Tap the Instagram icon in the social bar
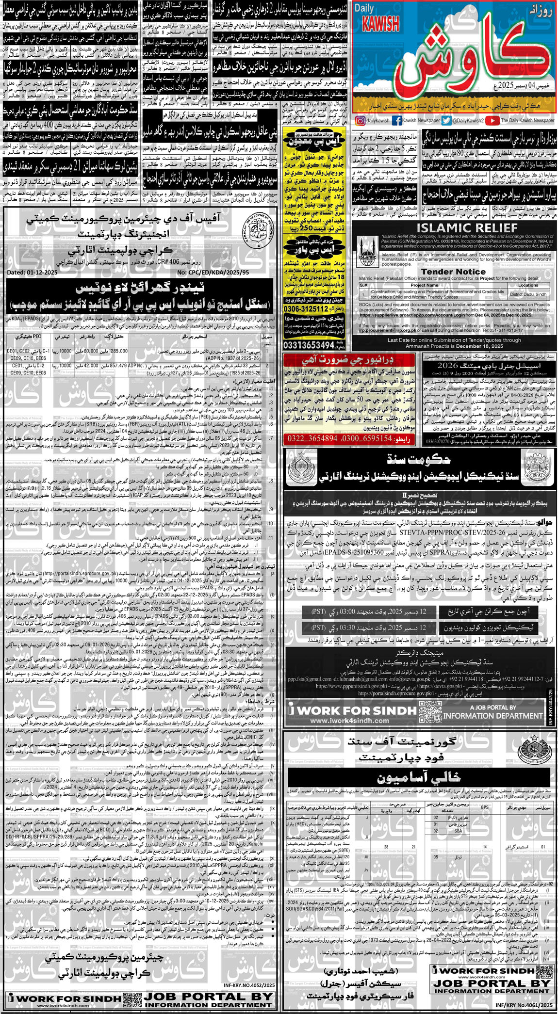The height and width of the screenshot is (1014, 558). click(x=360, y=121)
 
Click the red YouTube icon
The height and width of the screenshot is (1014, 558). click(x=492, y=121)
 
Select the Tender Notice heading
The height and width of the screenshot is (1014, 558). click(x=453, y=272)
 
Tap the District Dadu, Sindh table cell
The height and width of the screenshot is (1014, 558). click(x=528, y=294)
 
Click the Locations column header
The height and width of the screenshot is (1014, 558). click(x=528, y=285)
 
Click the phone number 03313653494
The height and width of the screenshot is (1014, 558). click(x=309, y=345)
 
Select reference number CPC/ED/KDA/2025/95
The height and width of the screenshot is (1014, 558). click(x=213, y=273)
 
